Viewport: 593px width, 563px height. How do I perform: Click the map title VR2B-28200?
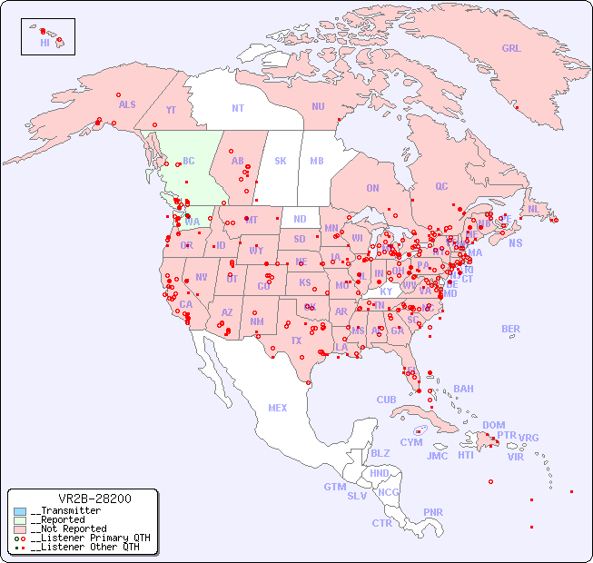[94, 499]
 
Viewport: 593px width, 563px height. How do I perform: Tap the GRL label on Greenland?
[511, 49]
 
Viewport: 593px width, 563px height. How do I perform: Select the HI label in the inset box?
[44, 43]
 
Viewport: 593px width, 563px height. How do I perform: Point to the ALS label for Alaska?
[127, 105]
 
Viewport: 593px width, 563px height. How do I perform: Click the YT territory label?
[171, 110]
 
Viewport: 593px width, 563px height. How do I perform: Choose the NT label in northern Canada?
[237, 108]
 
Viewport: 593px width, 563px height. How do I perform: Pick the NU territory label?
[318, 106]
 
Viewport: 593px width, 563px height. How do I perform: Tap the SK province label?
[280, 161]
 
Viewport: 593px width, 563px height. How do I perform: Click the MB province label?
[316, 161]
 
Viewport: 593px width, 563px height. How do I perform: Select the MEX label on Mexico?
[277, 408]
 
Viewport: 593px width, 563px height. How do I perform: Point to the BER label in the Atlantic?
[510, 329]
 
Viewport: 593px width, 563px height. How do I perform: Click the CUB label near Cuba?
[386, 400]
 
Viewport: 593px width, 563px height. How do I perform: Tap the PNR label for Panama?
[433, 512]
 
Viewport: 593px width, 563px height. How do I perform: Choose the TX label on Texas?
[295, 341]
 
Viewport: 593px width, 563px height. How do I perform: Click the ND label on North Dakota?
[300, 219]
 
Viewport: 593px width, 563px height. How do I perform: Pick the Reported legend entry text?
[68, 520]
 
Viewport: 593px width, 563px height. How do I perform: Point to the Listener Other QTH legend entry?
[86, 547]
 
